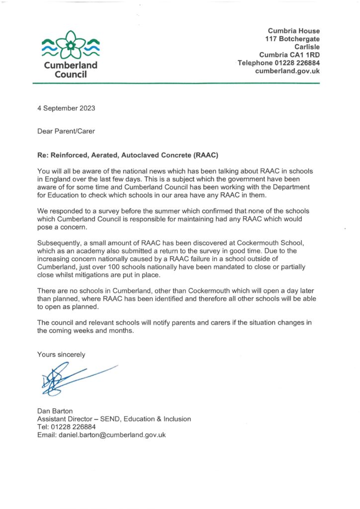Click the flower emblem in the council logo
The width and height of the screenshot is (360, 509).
[x=71, y=46]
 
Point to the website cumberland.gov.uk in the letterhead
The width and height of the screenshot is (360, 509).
[x=287, y=71]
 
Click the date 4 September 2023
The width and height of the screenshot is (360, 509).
[x=66, y=108]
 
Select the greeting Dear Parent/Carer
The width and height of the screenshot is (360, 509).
[x=66, y=131]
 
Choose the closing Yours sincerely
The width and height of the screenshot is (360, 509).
[x=61, y=354]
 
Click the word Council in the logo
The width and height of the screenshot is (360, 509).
[x=70, y=75]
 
